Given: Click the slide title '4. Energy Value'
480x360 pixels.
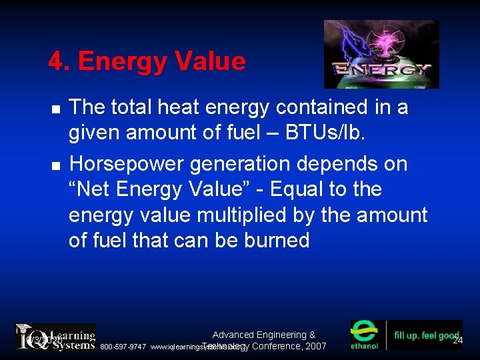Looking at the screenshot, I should click(147, 62).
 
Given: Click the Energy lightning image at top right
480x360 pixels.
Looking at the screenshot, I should click(381, 54).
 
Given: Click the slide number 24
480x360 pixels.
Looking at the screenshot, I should click(457, 341).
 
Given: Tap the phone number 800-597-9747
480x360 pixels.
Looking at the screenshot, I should click(123, 347).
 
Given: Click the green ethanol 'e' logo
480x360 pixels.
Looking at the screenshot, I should click(365, 333).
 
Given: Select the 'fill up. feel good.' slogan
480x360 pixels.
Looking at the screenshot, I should click(427, 335).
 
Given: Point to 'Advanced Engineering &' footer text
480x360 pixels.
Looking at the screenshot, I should click(264, 335).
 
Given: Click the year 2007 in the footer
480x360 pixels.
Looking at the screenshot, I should click(314, 347).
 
